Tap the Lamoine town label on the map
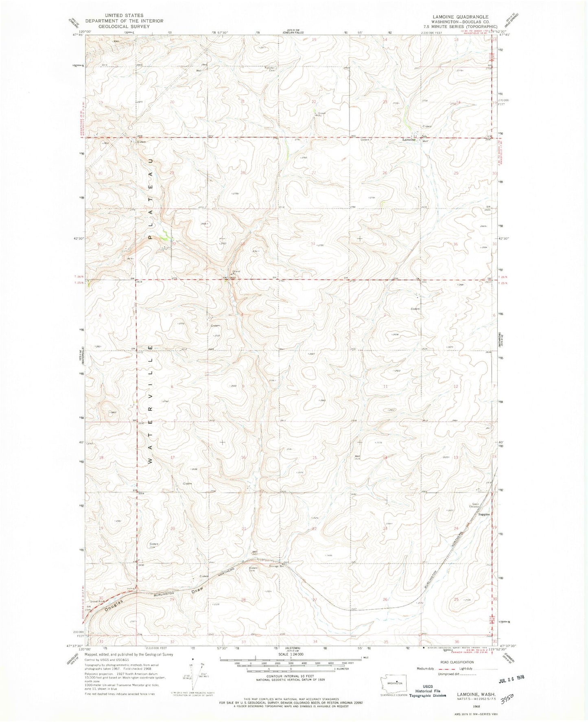click(x=409, y=140)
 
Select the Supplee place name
click(x=484, y=514)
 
